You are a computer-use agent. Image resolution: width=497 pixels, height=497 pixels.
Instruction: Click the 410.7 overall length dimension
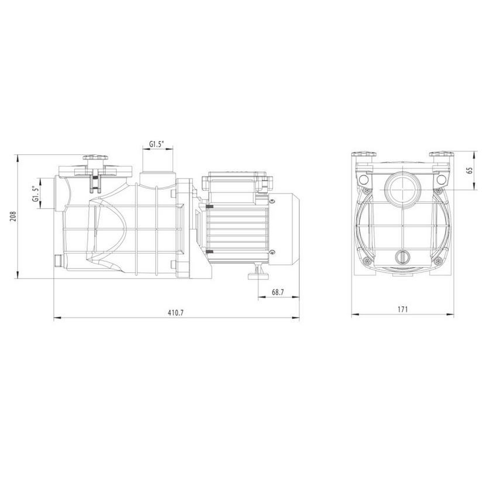(x=175, y=313)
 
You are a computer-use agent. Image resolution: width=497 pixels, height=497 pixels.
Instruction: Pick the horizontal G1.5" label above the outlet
(x=157, y=144)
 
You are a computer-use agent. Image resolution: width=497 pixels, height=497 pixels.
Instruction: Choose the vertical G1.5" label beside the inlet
(x=36, y=194)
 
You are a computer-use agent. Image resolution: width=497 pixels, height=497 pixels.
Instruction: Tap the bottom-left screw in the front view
(x=367, y=260)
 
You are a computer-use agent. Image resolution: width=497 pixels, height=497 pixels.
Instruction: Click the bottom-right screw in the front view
(x=436, y=260)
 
